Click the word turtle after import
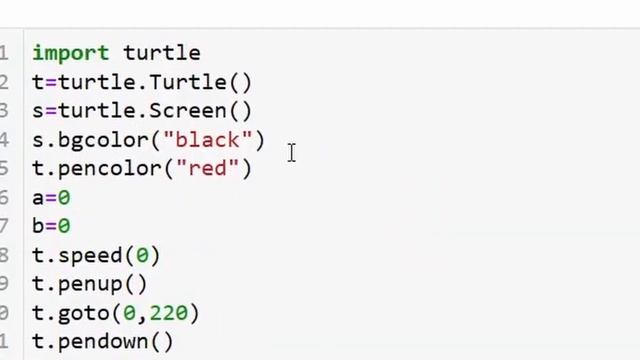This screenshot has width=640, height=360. (x=162, y=53)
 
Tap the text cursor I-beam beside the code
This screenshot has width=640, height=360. (x=291, y=153)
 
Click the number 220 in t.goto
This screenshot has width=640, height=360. (x=169, y=313)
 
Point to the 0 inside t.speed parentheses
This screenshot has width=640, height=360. (x=142, y=256)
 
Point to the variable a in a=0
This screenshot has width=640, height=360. (x=38, y=198)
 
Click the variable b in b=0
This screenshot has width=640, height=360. (x=38, y=227)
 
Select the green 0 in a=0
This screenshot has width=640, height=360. (x=64, y=198)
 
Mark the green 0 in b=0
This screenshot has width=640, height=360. (x=64, y=227)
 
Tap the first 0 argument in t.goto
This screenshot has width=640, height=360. (x=129, y=313)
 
